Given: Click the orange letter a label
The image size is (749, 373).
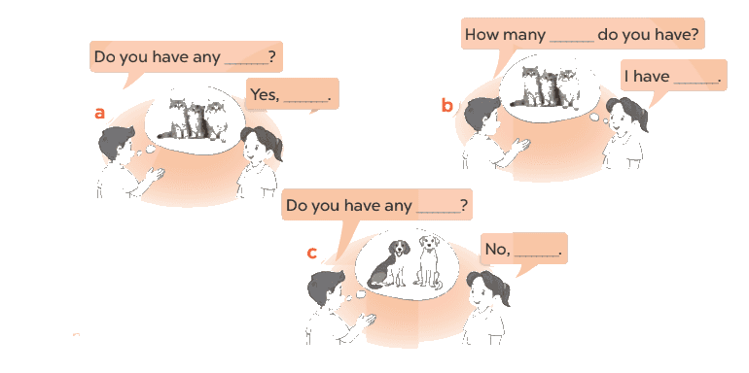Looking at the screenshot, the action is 99,114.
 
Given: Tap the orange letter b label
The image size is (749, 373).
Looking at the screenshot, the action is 446,106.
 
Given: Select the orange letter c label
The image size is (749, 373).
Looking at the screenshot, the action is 311,253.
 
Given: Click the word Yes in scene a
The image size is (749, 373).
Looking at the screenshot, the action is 266,94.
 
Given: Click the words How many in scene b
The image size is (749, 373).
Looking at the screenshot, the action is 505,35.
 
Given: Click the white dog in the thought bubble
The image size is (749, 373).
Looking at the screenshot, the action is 428,261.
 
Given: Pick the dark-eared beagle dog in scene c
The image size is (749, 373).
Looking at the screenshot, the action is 389,264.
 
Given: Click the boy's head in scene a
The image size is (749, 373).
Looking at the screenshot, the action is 117,143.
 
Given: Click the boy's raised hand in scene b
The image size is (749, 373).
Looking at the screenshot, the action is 520,145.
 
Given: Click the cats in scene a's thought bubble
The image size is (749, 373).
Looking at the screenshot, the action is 194,119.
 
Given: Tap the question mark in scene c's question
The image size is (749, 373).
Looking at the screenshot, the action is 463,206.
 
